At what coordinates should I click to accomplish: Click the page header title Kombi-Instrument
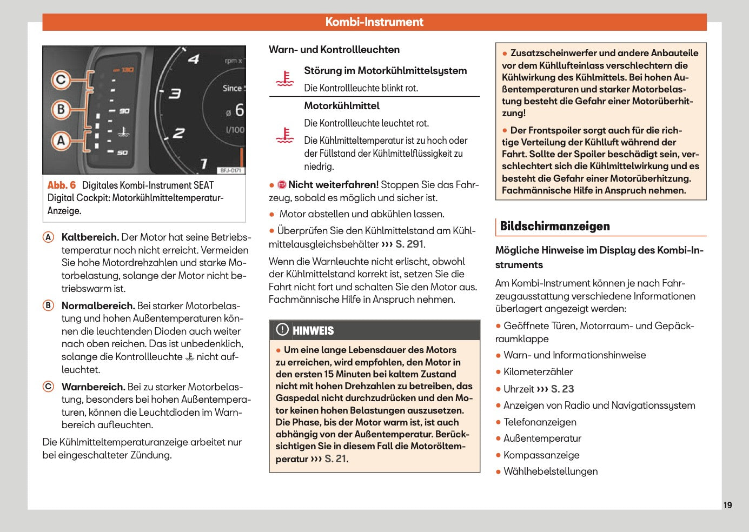[x=374, y=22]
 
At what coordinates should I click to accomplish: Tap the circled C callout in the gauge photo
[x=61, y=80]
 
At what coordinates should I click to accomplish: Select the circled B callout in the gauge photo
[x=61, y=110]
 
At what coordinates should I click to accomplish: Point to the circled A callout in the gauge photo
[x=61, y=141]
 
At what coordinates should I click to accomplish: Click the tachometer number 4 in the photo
[x=193, y=59]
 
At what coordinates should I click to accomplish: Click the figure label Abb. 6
[x=62, y=185]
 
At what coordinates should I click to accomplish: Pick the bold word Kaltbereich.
[x=90, y=237]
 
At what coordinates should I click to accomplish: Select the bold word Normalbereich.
[x=98, y=306]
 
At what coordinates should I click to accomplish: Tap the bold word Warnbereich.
[x=93, y=387]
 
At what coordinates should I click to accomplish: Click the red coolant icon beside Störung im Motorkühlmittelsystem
[x=285, y=78]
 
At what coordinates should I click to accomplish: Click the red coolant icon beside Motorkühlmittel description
[x=285, y=135]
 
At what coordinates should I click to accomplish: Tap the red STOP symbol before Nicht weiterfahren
[x=282, y=185]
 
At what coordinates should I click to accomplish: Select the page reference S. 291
[x=409, y=244]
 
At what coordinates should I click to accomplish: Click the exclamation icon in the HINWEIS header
[x=282, y=330]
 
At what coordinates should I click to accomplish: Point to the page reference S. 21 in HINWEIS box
[x=336, y=459]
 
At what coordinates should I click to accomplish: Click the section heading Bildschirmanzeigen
[x=555, y=227]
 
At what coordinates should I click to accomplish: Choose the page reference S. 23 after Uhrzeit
[x=562, y=389]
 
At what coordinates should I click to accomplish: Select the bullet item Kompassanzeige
[x=541, y=455]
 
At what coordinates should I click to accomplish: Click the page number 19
[x=727, y=505]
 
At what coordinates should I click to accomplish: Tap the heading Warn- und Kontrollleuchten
[x=334, y=50]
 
